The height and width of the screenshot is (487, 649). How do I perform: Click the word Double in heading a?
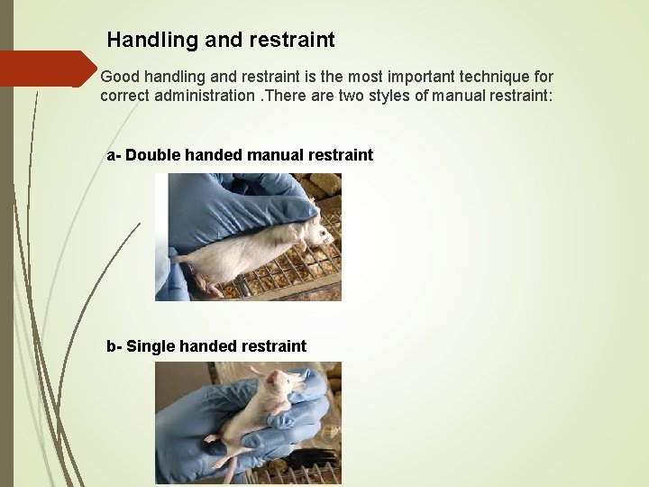[x=151, y=155]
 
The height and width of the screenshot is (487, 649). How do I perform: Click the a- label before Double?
[x=114, y=155]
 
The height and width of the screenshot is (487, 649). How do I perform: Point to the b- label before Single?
[x=114, y=346]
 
